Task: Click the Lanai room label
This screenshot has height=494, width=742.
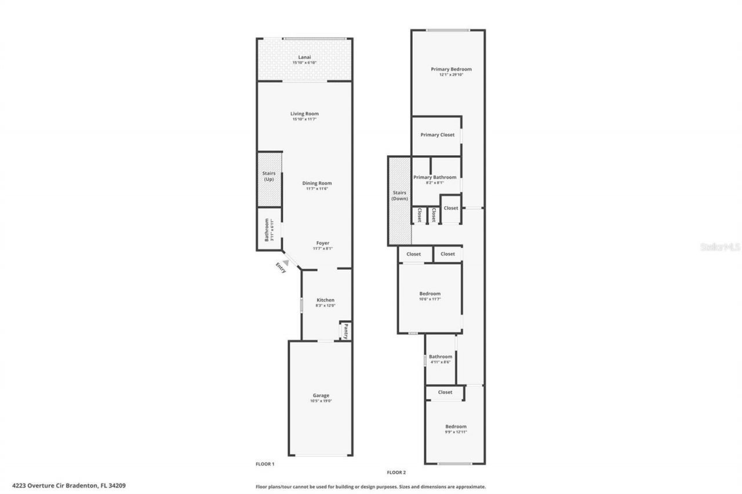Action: click(x=304, y=57)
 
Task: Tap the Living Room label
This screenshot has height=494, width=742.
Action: click(x=304, y=114)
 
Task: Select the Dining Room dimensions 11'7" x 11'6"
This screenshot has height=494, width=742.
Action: click(x=317, y=189)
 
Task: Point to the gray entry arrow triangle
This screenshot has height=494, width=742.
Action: click(x=285, y=262)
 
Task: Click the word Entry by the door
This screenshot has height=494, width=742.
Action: click(x=281, y=268)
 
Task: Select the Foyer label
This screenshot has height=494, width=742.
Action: click(x=323, y=243)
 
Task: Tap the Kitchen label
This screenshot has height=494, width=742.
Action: click(x=325, y=300)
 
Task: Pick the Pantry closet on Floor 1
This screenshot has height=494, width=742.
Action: click(x=345, y=331)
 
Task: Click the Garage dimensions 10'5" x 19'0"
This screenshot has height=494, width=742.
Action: click(x=321, y=401)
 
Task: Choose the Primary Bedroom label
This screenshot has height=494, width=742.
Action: click(x=451, y=69)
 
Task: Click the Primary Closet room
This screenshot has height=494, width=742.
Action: click(x=437, y=135)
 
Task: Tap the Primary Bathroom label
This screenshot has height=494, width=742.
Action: click(x=434, y=177)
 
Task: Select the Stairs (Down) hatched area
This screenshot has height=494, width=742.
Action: click(x=399, y=200)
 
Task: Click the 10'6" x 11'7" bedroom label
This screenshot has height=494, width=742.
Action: click(x=430, y=294)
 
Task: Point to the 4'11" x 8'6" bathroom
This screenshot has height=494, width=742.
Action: click(x=440, y=359)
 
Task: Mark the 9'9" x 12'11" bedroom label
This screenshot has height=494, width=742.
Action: click(x=455, y=427)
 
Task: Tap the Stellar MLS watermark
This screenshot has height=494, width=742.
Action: click(x=720, y=247)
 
